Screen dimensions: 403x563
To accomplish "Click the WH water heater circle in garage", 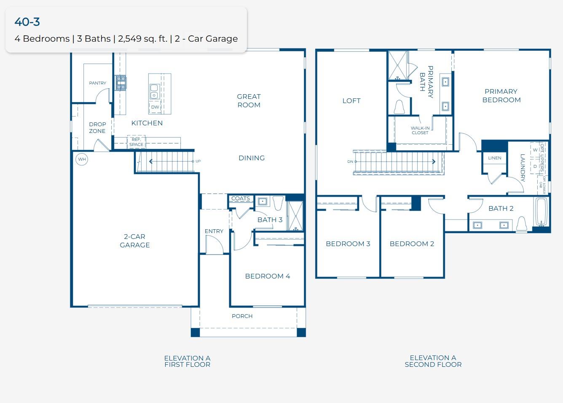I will pyautogui.click(x=82, y=159).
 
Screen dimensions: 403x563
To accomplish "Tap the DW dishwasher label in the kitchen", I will pyautogui.click(x=155, y=107).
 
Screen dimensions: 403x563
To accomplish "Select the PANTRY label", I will pyautogui.click(x=98, y=83).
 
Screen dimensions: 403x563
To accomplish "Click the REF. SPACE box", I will pyautogui.click(x=136, y=142).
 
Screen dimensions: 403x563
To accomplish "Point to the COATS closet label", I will pyautogui.click(x=241, y=199).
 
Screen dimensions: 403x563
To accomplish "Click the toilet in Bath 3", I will pyautogui.click(x=278, y=203).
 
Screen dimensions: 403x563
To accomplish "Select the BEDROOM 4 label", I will pyautogui.click(x=268, y=276).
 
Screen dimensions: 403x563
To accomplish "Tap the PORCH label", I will pyautogui.click(x=242, y=316).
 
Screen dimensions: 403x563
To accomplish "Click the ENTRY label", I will pyautogui.click(x=214, y=231).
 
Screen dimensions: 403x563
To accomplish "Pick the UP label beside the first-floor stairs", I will pyautogui.click(x=198, y=161).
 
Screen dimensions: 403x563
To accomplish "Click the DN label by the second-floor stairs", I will pyautogui.click(x=350, y=162).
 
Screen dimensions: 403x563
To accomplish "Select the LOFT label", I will pyautogui.click(x=351, y=101).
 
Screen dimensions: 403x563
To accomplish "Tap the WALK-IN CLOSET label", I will pyautogui.click(x=420, y=130).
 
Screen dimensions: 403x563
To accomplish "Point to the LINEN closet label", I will pyautogui.click(x=495, y=158).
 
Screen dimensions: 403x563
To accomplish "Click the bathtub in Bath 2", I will pyautogui.click(x=541, y=212).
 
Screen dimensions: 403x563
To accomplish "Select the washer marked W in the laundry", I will pyautogui.click(x=535, y=150).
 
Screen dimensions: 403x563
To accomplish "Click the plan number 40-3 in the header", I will pyautogui.click(x=27, y=22).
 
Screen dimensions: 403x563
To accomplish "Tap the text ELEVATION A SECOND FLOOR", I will pyautogui.click(x=433, y=361).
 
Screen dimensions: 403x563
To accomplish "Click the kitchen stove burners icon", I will pyautogui.click(x=121, y=82).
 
